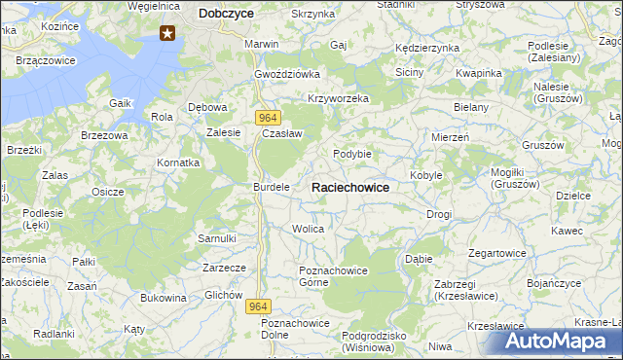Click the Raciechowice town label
coord(350,188)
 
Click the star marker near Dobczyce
coord(167,35)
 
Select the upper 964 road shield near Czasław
coord(271,117)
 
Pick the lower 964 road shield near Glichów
coord(257,306)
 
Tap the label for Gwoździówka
coord(287,74)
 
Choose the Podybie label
coord(352,154)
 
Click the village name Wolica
coord(308,229)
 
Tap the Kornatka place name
coord(179,162)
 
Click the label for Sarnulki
coord(217,238)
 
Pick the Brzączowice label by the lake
coord(47,60)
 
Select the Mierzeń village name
coord(451,138)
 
